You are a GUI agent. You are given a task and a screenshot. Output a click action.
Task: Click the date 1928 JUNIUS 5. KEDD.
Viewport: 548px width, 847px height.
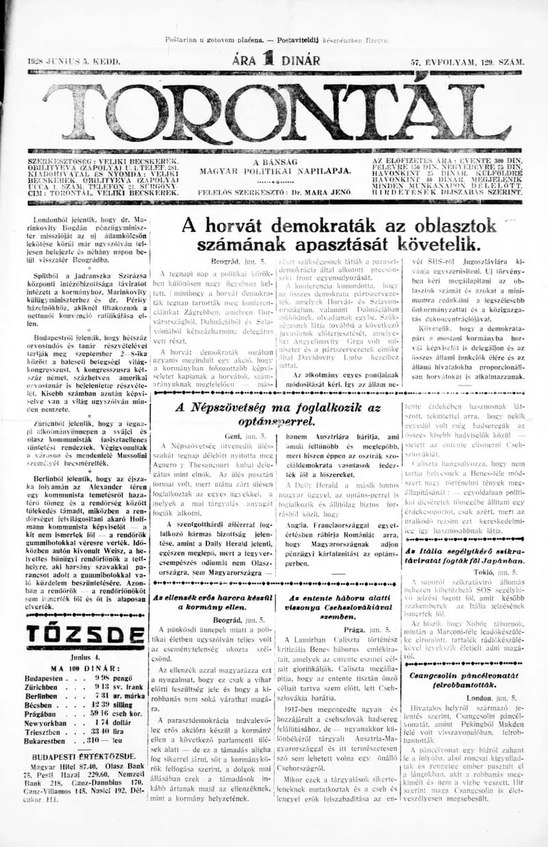point(74,62)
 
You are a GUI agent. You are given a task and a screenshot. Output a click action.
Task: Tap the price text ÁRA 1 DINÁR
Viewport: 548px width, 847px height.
point(276,60)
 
